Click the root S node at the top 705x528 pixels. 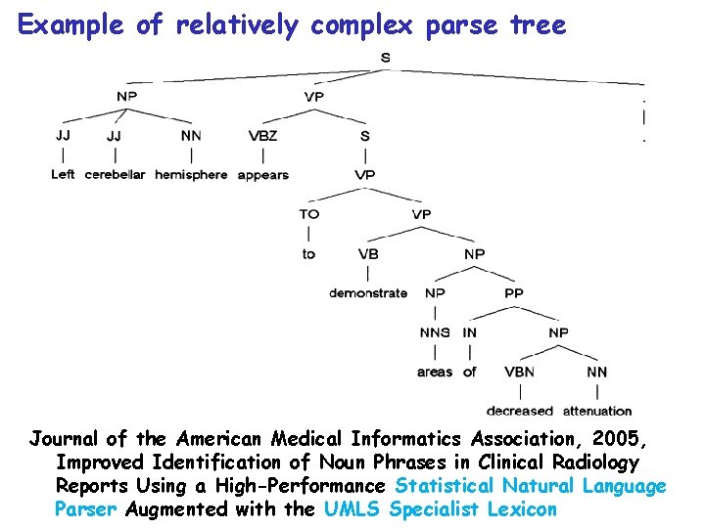pos(385,58)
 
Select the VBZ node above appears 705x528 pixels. pos(263,136)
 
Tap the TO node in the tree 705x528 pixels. pos(309,214)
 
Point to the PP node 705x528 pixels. pos(514,292)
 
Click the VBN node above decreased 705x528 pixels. pos(519,372)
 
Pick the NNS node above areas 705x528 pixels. pos(435,332)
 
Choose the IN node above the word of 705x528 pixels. pos(470,332)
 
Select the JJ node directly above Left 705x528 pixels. pos(63,135)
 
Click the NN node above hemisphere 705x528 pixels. pos(191,136)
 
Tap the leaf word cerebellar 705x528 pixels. pos(115,175)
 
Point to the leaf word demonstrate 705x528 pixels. pos(368,292)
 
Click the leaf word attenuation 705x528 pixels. pos(597,411)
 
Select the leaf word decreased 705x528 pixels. pos(520,411)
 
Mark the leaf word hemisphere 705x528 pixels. pos(190,175)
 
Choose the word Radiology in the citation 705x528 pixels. pos(591,462)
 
